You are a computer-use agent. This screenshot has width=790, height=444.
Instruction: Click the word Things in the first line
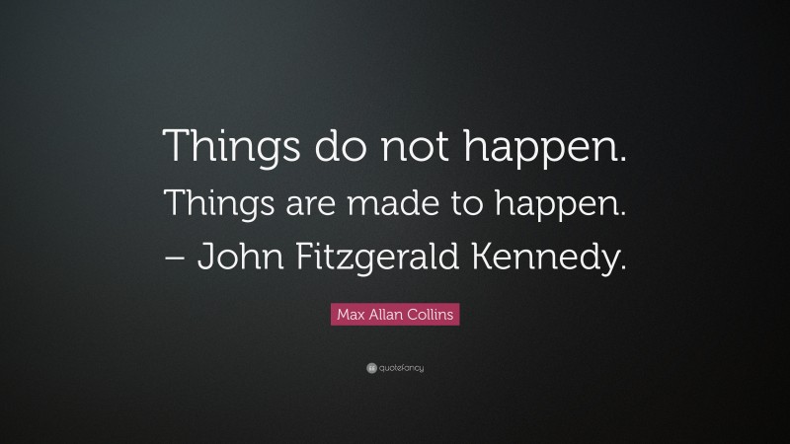point(218,149)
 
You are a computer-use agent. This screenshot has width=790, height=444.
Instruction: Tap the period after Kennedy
point(622,268)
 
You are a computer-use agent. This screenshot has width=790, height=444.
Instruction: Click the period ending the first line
point(624,162)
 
